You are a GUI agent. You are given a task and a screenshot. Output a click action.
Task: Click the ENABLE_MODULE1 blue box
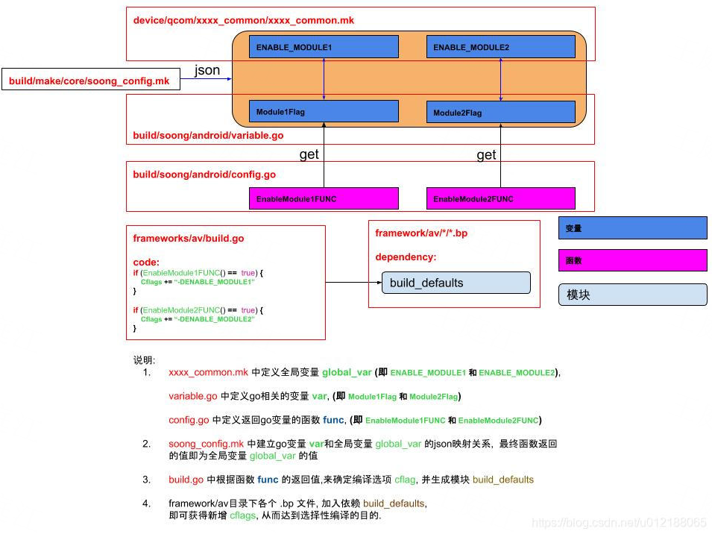(x=324, y=47)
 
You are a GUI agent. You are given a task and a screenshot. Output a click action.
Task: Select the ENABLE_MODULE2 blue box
(x=501, y=47)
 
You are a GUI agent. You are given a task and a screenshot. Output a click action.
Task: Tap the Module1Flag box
(x=324, y=111)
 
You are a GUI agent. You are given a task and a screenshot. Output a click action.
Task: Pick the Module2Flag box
(x=501, y=112)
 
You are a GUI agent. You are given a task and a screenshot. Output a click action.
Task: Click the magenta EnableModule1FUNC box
(x=324, y=198)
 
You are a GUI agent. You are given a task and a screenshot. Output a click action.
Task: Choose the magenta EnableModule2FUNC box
(x=501, y=198)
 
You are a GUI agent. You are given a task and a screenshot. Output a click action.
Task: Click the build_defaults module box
(x=456, y=283)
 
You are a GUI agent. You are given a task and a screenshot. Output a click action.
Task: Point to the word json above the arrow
(x=207, y=70)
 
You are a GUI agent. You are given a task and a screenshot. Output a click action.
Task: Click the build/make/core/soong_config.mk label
(x=89, y=81)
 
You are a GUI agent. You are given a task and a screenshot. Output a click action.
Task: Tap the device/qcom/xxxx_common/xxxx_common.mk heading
(x=243, y=20)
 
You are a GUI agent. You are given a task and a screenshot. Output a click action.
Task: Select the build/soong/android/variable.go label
(x=208, y=135)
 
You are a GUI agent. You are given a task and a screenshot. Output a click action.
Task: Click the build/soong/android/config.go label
(x=204, y=175)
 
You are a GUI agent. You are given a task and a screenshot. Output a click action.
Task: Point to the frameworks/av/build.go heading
(x=189, y=239)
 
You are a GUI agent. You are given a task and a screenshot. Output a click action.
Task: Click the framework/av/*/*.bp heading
(x=421, y=233)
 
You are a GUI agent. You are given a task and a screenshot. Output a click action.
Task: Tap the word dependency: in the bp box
(x=406, y=257)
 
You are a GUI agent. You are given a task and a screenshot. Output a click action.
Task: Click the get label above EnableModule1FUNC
(x=309, y=155)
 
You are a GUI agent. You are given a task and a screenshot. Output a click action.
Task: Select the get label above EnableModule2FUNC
(x=486, y=155)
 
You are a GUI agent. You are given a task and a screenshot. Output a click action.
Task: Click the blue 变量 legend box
(x=632, y=228)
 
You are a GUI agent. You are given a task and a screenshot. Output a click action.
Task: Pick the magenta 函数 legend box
(x=632, y=260)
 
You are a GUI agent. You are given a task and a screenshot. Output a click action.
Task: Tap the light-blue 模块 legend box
(x=632, y=295)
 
